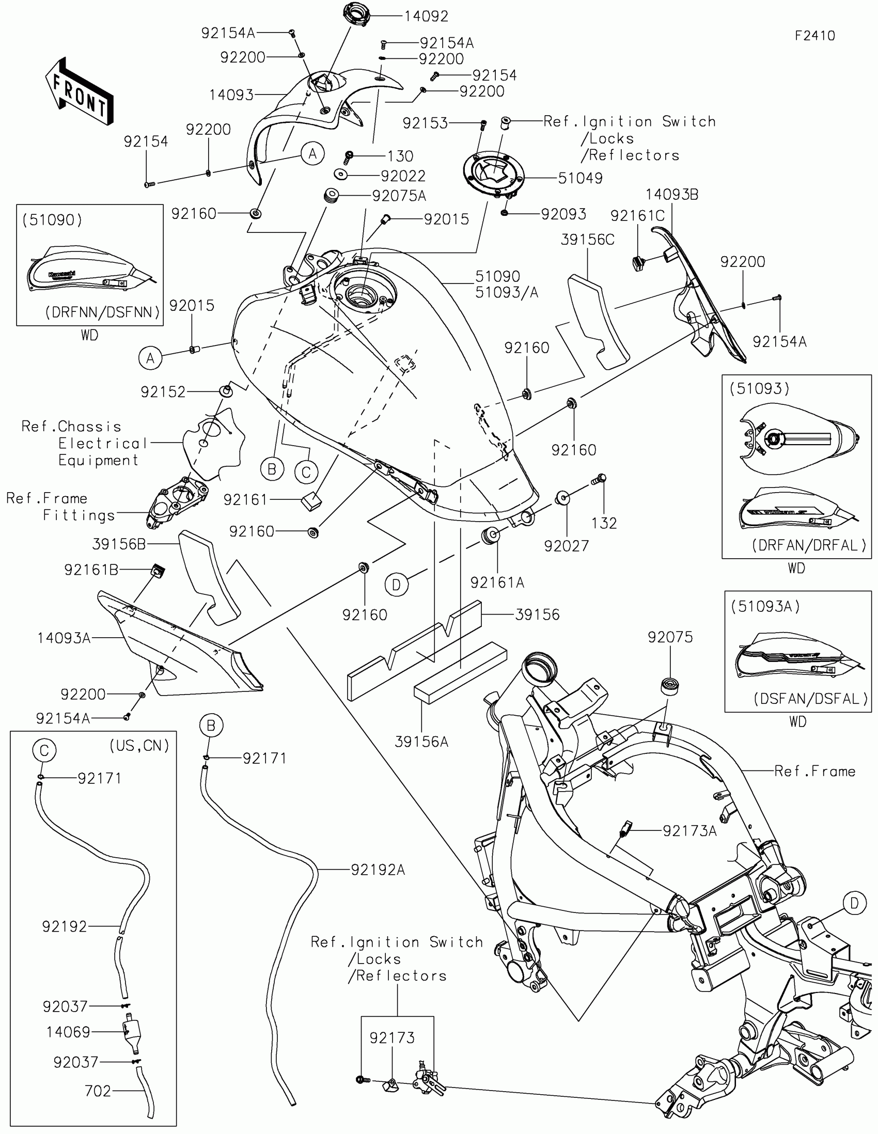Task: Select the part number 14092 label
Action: [426, 17]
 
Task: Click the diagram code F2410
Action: [814, 36]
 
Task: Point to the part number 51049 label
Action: [580, 178]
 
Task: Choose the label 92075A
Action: [399, 196]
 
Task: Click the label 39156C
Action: [587, 240]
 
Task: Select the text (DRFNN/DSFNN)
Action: [102, 312]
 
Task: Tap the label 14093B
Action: [672, 195]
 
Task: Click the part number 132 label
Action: [604, 523]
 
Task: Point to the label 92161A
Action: [497, 583]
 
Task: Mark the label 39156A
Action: [421, 742]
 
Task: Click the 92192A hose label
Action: [378, 870]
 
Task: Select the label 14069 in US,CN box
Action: [68, 1032]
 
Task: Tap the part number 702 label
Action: [98, 1091]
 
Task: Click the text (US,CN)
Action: [139, 746]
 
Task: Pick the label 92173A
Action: [689, 831]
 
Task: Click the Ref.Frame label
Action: [814, 771]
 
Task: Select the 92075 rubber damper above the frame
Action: [670, 685]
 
